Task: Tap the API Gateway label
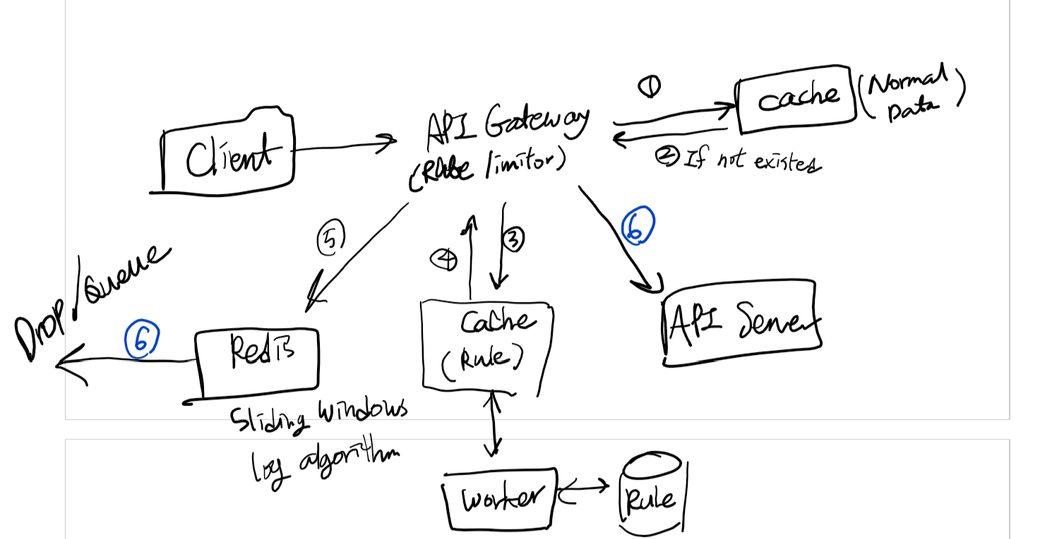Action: coord(507,127)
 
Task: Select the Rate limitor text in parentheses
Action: coord(487,169)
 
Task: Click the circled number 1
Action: coord(649,86)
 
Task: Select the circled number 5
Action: coord(330,239)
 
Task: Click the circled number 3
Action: coord(513,240)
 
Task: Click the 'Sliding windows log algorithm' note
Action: coord(321,441)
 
